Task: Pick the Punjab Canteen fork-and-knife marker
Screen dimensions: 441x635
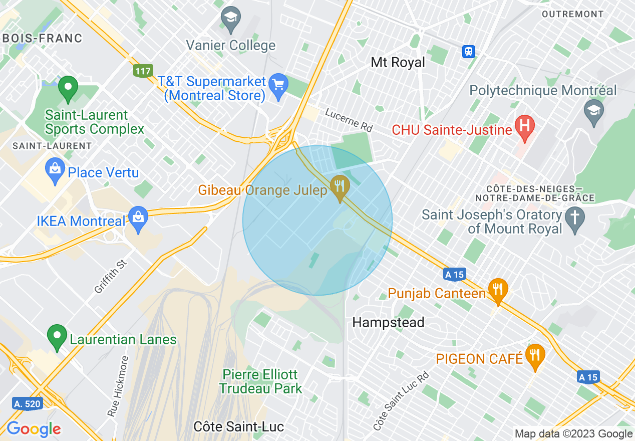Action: [498, 289]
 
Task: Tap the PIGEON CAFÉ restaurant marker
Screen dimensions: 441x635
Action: [535, 355]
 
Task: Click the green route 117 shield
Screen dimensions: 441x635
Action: [143, 71]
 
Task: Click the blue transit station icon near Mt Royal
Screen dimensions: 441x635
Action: [469, 51]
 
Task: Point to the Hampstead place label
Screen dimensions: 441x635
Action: [388, 322]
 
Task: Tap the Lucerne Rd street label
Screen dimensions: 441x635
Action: [349, 120]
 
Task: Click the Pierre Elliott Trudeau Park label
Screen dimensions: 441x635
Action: [260, 381]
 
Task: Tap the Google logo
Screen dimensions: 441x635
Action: [34, 429]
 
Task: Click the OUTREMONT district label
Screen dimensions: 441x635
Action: [572, 14]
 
